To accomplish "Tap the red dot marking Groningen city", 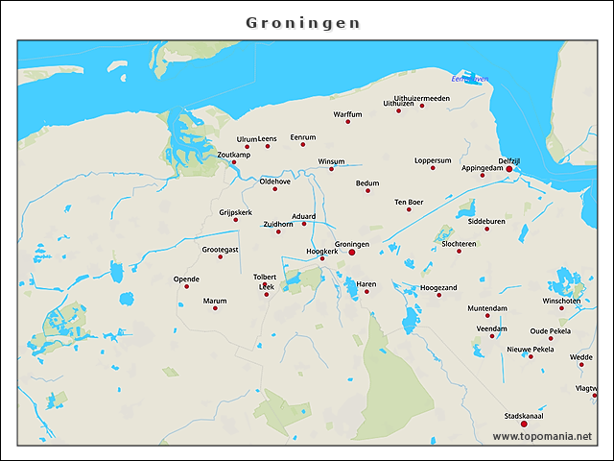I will click(x=351, y=252).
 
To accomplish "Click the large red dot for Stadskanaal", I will click(x=524, y=424).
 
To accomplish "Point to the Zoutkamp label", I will click(x=234, y=155).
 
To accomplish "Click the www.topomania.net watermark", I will click(x=542, y=436).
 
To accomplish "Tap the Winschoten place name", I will click(x=561, y=301).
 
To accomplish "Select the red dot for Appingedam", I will click(x=483, y=175).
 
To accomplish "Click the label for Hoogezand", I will click(x=438, y=287).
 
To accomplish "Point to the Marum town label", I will click(x=215, y=301).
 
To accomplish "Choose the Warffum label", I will click(x=347, y=114).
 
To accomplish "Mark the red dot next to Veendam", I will click(x=492, y=335).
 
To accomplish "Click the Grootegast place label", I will click(x=220, y=249).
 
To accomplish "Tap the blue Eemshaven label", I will click(x=469, y=79).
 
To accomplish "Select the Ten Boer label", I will click(x=409, y=202).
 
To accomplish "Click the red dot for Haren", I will click(x=366, y=292).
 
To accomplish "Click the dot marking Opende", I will click(x=186, y=286).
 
